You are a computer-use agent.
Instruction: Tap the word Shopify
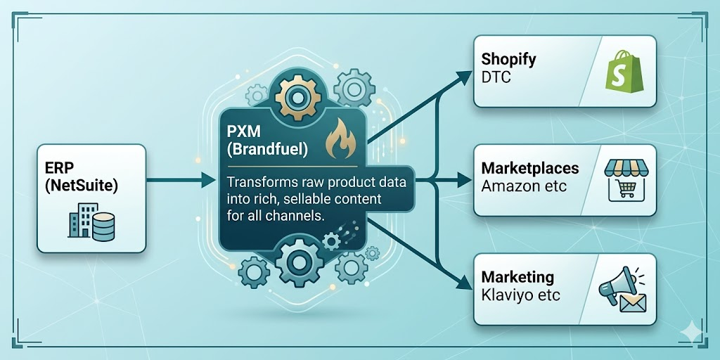[509, 58]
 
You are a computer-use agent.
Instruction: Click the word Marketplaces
[530, 169]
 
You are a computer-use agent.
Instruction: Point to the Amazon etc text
[524, 187]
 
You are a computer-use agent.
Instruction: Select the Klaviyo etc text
[520, 295]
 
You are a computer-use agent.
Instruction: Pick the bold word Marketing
[517, 277]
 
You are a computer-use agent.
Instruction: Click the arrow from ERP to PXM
[179, 181]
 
